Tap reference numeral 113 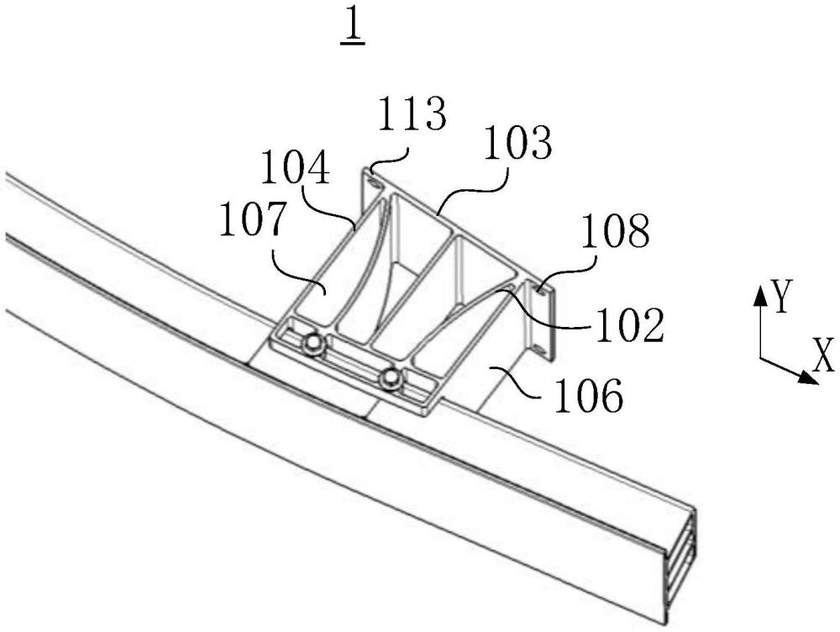[x=412, y=113]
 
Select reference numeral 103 [x=517, y=143]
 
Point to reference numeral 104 [x=295, y=167]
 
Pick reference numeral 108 [x=616, y=231]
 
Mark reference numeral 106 [x=589, y=395]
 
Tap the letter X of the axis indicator [x=823, y=355]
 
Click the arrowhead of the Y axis [x=759, y=295]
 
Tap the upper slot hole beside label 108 [x=540, y=292]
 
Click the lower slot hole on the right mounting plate [x=540, y=350]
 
